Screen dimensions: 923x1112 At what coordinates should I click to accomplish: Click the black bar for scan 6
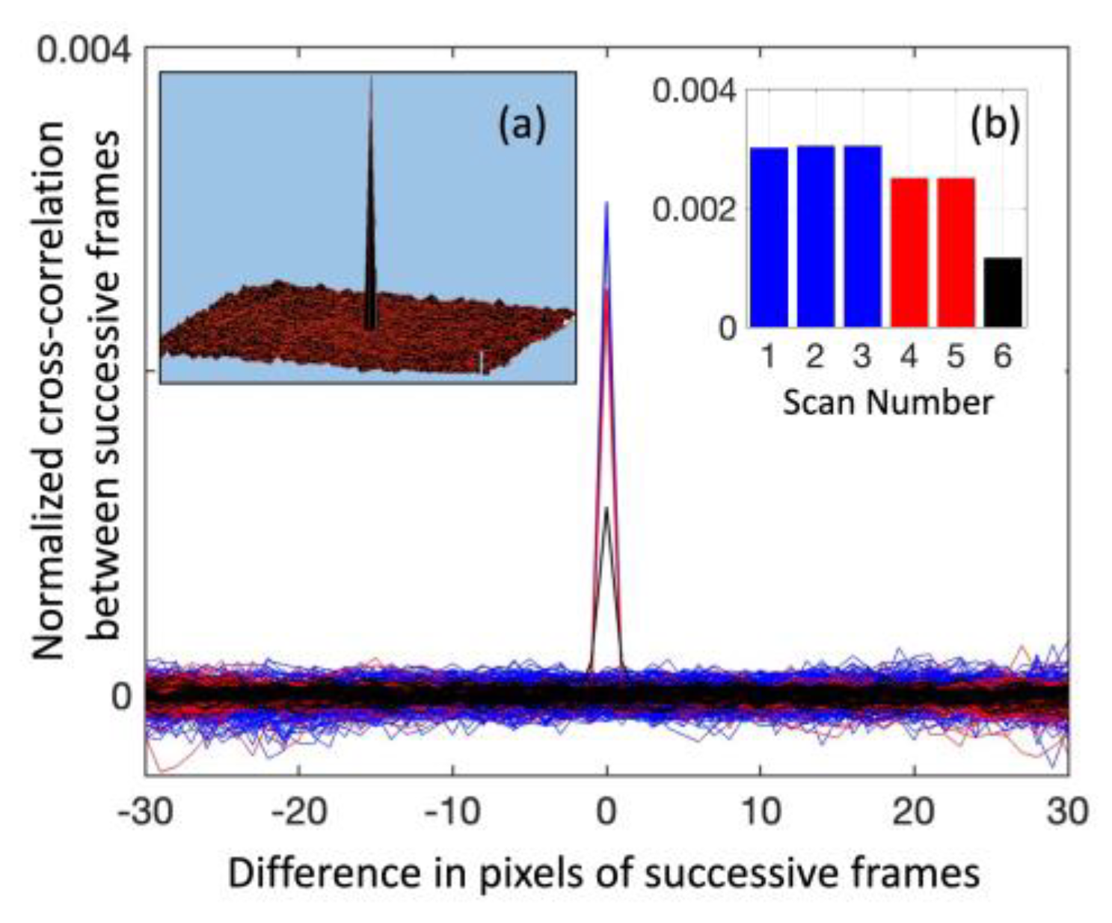pos(1002,292)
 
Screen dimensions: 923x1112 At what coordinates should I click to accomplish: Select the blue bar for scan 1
pos(769,237)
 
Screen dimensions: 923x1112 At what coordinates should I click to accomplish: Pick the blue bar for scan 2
pos(816,236)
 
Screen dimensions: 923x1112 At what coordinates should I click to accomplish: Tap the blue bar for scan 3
pos(862,236)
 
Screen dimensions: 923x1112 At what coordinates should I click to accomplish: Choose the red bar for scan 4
pos(909,253)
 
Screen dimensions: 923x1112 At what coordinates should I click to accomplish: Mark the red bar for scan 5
pos(956,253)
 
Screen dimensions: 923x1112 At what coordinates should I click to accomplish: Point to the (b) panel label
pos(995,125)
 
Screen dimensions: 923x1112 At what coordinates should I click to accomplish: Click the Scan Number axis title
pos(888,402)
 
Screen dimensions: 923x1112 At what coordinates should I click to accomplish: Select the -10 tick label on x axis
pos(452,812)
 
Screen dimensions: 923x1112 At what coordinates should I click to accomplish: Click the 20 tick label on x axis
pos(915,812)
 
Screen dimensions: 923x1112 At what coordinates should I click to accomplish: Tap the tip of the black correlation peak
pos(606,509)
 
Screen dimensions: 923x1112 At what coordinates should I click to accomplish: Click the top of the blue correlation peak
pos(606,203)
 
